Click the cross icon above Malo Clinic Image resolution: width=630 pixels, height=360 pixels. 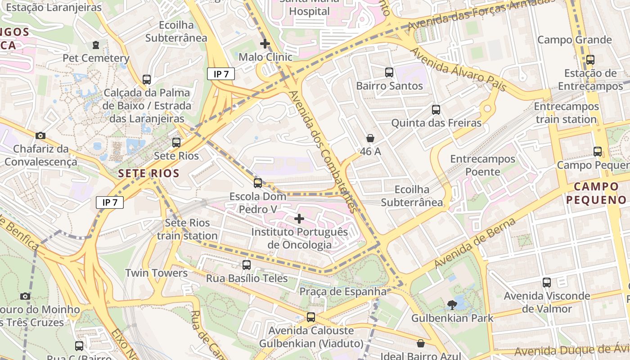265,44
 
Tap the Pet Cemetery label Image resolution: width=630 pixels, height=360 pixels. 96,58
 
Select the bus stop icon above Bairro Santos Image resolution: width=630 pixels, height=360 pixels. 389,72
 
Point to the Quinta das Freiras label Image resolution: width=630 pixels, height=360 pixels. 436,123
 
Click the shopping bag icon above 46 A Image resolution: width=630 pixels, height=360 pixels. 370,138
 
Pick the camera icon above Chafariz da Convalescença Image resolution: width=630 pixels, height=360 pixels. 40,135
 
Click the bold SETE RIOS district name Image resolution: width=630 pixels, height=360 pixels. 149,173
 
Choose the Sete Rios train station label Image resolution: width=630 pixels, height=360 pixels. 187,229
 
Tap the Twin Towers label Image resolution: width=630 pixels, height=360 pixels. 156,273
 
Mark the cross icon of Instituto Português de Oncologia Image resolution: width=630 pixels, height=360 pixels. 299,219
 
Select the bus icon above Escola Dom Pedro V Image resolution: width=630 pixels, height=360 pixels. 258,183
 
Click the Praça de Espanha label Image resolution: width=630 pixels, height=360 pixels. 343,292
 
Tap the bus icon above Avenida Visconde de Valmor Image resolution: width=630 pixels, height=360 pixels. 547,283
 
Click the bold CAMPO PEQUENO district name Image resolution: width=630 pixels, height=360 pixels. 596,193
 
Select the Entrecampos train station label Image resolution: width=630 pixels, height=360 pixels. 566,113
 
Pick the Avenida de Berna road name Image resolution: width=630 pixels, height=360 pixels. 474,242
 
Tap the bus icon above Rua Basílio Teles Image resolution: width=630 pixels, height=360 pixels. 247,265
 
